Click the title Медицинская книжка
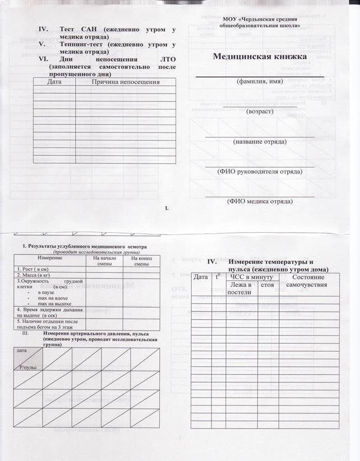(x=260, y=57)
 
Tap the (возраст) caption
(x=260, y=112)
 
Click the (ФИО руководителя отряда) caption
(x=260, y=172)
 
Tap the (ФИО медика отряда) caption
(x=260, y=201)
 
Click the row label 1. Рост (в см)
(x=33, y=269)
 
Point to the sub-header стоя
(x=267, y=285)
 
